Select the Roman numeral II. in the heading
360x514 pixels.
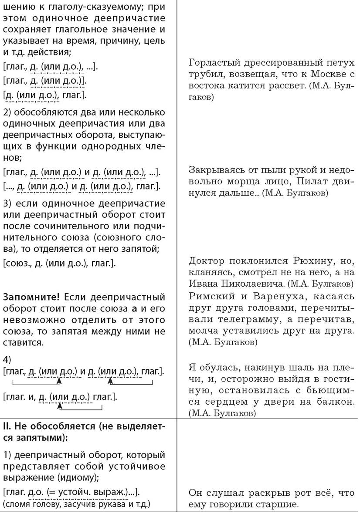pyautogui.click(x=9, y=425)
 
